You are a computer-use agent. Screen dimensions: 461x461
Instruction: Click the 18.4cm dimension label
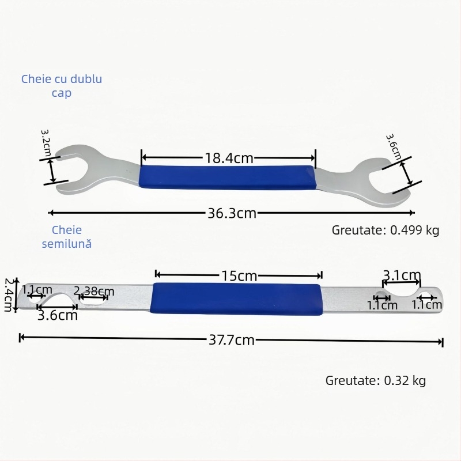coord(229,157)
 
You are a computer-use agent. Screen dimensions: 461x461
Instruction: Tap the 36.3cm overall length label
coord(232,213)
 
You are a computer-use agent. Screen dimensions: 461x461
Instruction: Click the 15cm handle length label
coord(239,275)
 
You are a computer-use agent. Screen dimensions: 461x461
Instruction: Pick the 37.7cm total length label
coord(232,339)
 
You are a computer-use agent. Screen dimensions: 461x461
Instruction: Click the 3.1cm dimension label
coord(402,275)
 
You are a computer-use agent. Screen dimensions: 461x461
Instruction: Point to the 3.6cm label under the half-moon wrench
coord(57,315)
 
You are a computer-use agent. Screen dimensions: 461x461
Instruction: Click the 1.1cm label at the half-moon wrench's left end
coord(37,290)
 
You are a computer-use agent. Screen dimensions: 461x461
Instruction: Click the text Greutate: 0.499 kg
coord(386,231)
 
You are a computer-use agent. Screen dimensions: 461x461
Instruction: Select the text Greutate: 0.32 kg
coord(376,380)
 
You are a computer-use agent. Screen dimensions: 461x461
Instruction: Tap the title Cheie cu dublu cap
coord(62,85)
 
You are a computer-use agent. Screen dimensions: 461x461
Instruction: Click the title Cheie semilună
coord(66,236)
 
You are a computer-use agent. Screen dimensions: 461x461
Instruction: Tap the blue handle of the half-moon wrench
coord(236,298)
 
